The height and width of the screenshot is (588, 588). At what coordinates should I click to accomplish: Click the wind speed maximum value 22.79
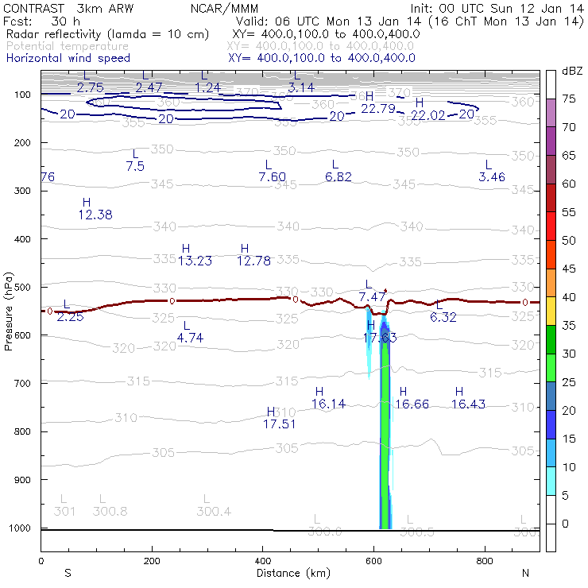[x=378, y=108]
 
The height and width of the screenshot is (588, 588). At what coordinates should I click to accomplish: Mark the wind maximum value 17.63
[x=380, y=338]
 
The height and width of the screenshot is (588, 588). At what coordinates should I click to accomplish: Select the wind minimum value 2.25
[x=70, y=317]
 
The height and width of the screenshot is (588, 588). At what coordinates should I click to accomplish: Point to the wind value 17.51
[x=279, y=424]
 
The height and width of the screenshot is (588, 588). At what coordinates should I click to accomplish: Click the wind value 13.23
[x=195, y=261]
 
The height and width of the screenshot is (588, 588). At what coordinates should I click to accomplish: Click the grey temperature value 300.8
[x=110, y=511]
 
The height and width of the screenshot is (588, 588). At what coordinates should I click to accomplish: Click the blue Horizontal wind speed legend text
[x=68, y=59]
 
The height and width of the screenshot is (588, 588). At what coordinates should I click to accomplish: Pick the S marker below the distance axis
[x=68, y=573]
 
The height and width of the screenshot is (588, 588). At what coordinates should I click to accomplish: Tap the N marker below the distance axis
[x=525, y=573]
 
